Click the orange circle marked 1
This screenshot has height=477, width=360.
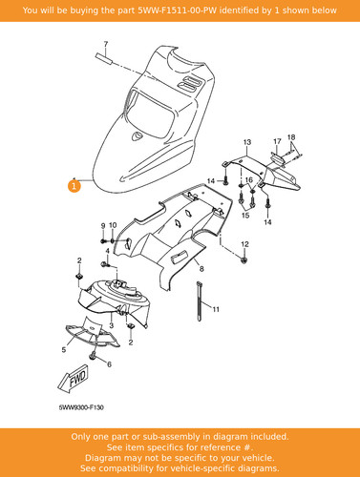point(74,186)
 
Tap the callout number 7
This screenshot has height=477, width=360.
point(106,44)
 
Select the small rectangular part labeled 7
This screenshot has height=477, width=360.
point(104,59)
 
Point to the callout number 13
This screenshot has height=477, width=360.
point(247,142)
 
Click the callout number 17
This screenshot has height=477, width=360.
point(277,141)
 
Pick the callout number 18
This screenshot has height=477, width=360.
point(291,137)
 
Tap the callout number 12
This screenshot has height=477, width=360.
point(244,244)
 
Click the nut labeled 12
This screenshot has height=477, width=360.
point(244,260)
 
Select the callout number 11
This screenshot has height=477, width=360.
point(216,309)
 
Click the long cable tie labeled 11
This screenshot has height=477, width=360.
point(200,301)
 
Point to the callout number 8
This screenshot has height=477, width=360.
point(201,269)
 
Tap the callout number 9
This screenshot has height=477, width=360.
point(103,225)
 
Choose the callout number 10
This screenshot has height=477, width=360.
point(113,225)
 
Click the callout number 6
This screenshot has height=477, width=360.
point(109,364)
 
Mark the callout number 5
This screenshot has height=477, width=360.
point(64,350)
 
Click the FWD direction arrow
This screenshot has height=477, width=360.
point(74,378)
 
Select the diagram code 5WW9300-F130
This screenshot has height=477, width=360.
point(81,407)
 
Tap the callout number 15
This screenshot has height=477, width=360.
point(245,216)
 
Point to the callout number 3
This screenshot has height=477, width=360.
point(111,325)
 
